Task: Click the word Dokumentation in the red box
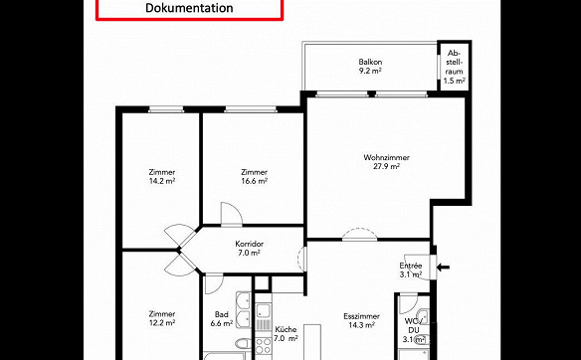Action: [189, 7]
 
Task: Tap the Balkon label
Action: [370, 62]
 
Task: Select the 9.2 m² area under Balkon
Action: [370, 71]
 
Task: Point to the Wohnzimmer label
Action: [386, 157]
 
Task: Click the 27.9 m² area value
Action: [386, 166]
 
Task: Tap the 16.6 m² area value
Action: [255, 181]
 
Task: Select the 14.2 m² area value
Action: [162, 181]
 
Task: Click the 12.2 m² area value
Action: [162, 323]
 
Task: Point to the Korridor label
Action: [250, 244]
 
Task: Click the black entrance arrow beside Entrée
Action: [443, 268]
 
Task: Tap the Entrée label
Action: [411, 266]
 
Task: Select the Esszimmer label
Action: [362, 316]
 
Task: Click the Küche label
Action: [286, 329]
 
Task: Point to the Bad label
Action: [222, 314]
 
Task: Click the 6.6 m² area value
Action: [222, 323]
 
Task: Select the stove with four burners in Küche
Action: [263, 346]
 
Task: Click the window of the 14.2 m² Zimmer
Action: [166, 109]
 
